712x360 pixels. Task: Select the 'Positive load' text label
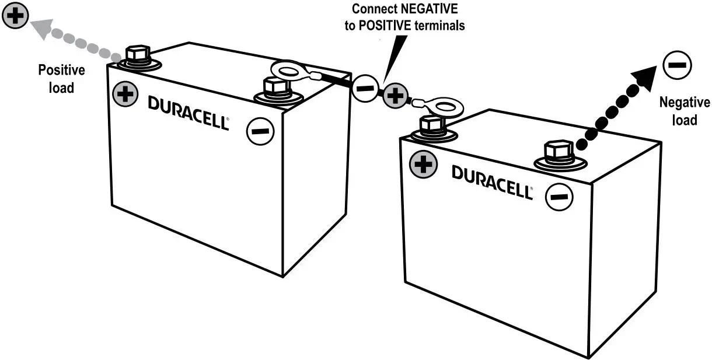61,79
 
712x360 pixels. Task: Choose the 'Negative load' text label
684,111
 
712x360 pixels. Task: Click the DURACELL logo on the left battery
188,111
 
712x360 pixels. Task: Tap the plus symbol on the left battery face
125,94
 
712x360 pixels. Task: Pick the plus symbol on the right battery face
423,165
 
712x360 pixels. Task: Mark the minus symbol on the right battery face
559,197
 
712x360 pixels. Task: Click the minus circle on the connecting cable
365,89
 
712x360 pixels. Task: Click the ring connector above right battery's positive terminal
442,107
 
